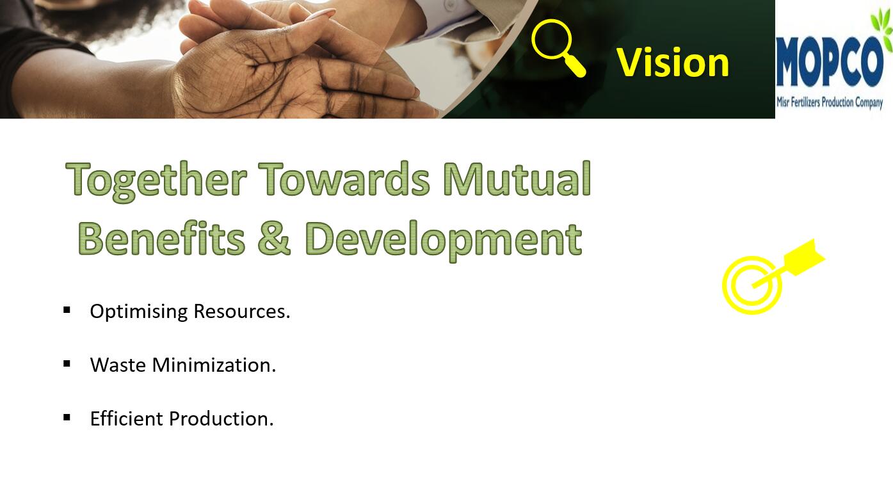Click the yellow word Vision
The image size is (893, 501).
click(x=673, y=62)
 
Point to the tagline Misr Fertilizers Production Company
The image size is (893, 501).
click(x=830, y=102)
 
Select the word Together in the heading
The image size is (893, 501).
click(x=156, y=180)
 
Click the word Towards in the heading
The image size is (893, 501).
click(x=344, y=179)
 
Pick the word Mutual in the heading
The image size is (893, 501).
click(x=517, y=179)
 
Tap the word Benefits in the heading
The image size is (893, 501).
click(x=161, y=238)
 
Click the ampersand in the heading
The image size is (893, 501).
click(x=274, y=239)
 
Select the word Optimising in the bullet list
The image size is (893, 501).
click(x=139, y=312)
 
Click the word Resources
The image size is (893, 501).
click(x=241, y=311)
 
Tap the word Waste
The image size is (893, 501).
click(x=118, y=365)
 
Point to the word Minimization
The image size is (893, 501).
click(x=214, y=365)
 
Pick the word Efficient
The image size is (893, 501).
click(x=127, y=418)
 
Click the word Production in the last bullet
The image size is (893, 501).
click(x=221, y=419)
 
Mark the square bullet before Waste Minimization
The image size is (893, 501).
click(x=67, y=363)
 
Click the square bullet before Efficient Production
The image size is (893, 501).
click(x=67, y=417)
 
